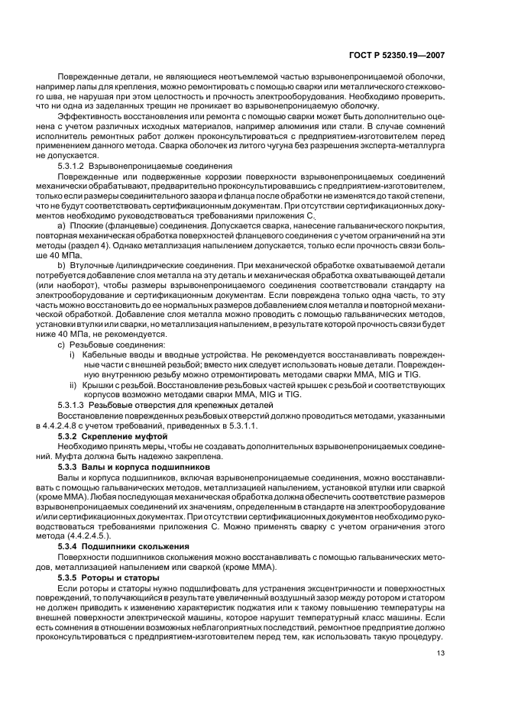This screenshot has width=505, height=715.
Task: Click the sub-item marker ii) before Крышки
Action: pyautogui.click(x=73, y=385)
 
